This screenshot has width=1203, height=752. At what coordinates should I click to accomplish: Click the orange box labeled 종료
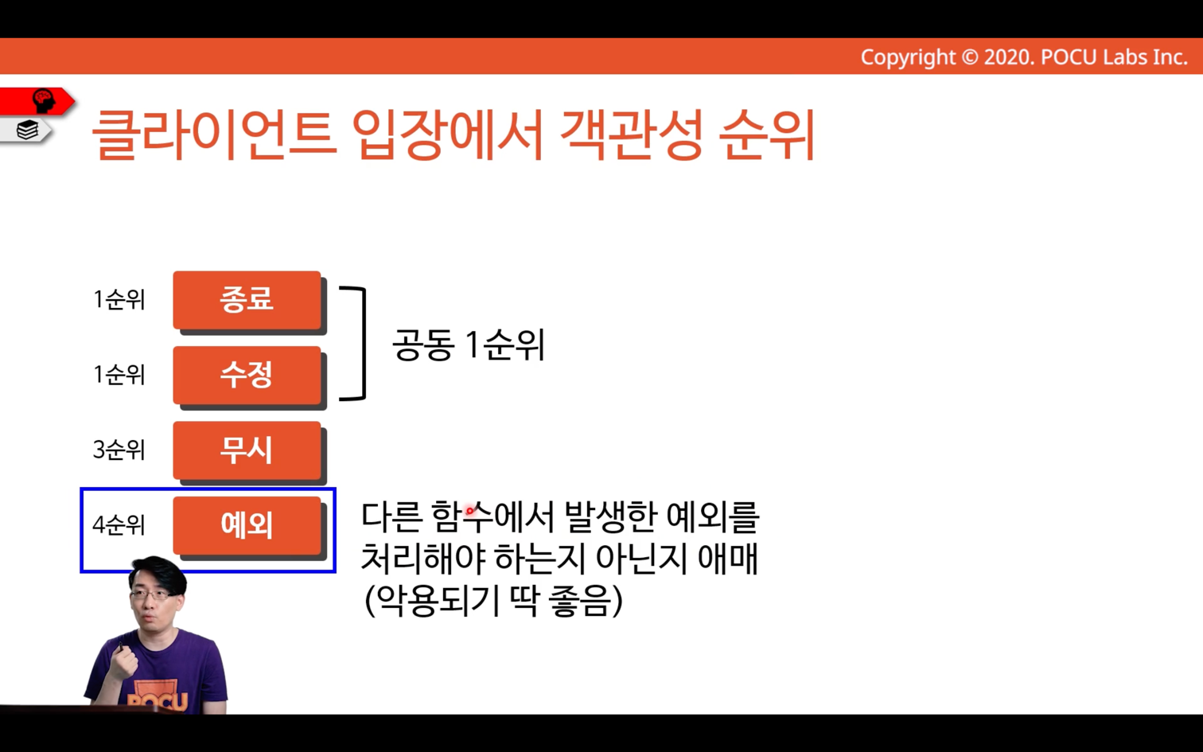[x=247, y=300]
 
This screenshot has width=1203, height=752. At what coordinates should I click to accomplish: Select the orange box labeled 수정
[x=247, y=375]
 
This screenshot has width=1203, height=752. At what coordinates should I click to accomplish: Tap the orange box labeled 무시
[x=247, y=450]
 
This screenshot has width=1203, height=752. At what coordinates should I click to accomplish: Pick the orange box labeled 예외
[x=247, y=525]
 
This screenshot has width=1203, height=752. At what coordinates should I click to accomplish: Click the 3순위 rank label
[x=119, y=450]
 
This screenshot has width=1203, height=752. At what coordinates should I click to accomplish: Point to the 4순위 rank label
[x=119, y=524]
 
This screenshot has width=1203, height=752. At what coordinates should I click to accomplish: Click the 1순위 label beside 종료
[x=119, y=299]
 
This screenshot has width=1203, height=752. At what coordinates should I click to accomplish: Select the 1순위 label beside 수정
[x=119, y=374]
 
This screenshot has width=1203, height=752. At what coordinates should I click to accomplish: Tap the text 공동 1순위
[x=469, y=345]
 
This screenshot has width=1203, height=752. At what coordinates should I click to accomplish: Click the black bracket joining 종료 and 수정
[x=364, y=344]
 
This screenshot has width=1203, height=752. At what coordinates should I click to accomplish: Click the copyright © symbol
[x=970, y=57]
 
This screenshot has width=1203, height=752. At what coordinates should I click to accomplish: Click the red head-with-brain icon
[x=44, y=101]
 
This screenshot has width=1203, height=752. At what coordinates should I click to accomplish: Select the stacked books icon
[x=27, y=130]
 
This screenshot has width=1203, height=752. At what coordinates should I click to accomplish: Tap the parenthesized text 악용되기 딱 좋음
[x=493, y=600]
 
